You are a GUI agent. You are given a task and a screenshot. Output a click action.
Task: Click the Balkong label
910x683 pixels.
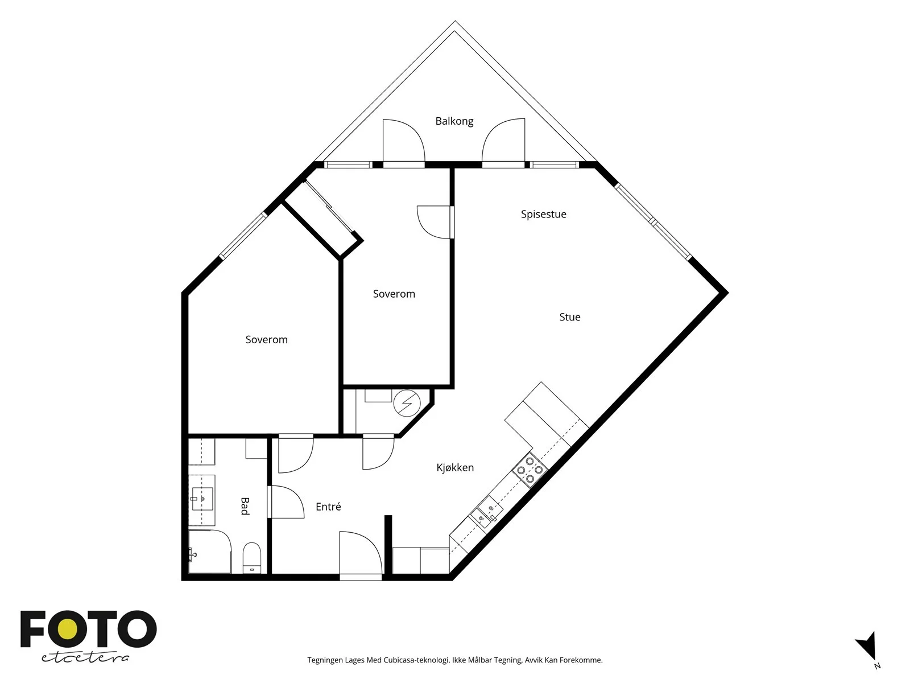(x=454, y=121)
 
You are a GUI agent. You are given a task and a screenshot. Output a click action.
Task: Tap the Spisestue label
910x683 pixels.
(x=544, y=215)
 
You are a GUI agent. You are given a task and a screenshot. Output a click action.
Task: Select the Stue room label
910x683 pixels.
(x=570, y=317)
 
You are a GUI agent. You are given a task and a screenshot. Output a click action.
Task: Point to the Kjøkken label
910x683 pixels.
(x=455, y=468)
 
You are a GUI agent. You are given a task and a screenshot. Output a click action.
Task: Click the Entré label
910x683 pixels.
(x=328, y=507)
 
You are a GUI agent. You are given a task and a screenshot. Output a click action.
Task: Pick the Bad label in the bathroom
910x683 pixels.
(x=245, y=506)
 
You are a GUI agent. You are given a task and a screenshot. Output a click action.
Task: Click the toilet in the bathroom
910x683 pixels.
(x=251, y=558)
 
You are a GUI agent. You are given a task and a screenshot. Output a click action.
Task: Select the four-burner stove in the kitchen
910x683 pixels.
(x=530, y=470)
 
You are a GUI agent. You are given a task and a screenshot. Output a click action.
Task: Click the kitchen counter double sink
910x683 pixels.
(x=486, y=513)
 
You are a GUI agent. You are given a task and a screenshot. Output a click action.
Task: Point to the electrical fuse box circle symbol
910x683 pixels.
(x=407, y=403)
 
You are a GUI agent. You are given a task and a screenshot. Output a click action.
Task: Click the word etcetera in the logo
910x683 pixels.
(x=85, y=658)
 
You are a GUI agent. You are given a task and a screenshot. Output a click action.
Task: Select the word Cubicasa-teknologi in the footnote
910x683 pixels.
(x=417, y=660)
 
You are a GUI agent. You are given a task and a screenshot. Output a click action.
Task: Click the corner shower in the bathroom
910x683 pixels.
(x=209, y=552)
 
